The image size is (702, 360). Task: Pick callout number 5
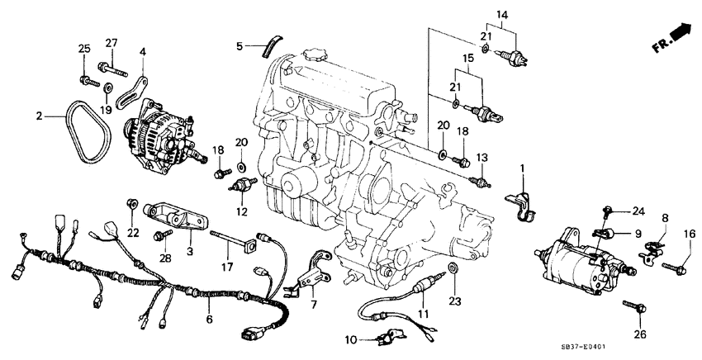point(238,45)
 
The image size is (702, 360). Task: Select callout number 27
point(111,43)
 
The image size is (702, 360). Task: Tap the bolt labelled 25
point(86,79)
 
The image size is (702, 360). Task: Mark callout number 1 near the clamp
point(521,169)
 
